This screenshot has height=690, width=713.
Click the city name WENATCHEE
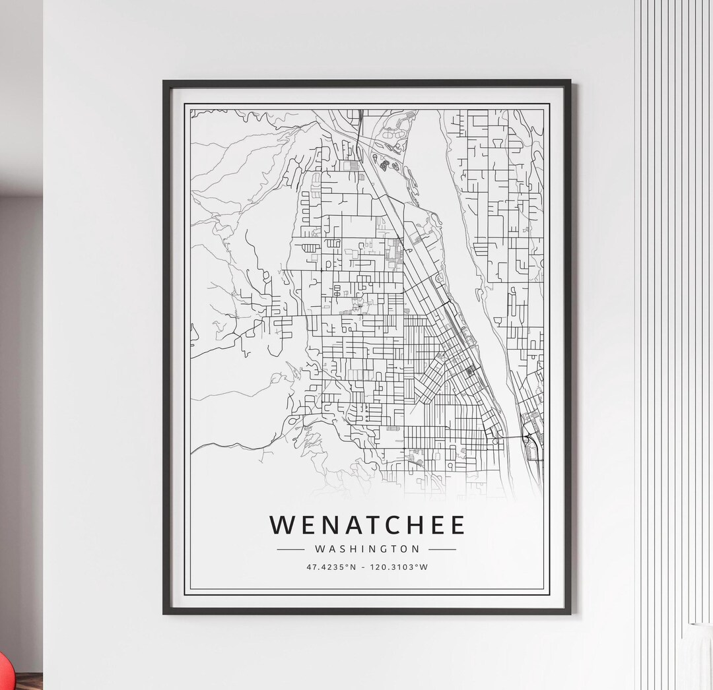[x=367, y=524]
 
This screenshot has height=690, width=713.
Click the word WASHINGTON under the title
[x=367, y=549]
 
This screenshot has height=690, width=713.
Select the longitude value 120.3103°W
[x=400, y=567]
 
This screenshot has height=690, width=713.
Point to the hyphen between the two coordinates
[x=362, y=567]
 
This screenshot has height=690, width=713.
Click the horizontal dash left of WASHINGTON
[x=290, y=549]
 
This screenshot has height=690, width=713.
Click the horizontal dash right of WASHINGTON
[x=442, y=549]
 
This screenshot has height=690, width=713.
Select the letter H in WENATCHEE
[x=407, y=524]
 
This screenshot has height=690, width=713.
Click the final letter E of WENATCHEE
[x=457, y=524]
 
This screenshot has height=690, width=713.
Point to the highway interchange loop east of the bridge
[x=529, y=438]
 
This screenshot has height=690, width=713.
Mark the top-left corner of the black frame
[x=165, y=82]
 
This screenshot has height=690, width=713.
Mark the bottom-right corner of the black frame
[x=570, y=613]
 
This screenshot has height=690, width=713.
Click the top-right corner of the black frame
[x=569, y=82]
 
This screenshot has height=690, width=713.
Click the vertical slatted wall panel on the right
[x=667, y=297]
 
